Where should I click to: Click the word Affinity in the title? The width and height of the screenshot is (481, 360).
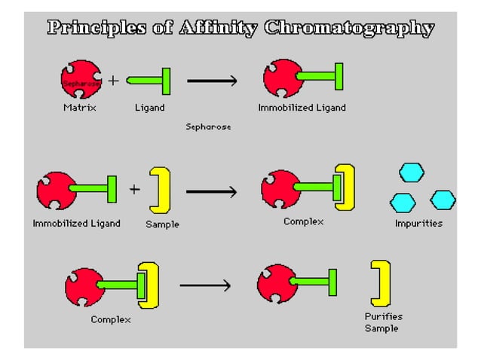[219, 29]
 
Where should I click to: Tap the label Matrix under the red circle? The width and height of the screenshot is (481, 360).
[79, 108]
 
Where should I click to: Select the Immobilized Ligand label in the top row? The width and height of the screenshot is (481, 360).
[302, 108]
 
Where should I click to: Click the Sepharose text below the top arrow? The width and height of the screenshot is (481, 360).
[208, 127]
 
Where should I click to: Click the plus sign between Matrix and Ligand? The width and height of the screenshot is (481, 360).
[112, 81]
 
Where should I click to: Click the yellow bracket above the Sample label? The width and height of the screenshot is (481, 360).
[161, 190]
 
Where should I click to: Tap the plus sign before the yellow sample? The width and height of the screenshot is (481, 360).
[134, 189]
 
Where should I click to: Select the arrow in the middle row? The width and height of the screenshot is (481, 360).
[211, 192]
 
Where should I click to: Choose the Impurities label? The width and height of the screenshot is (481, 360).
[418, 224]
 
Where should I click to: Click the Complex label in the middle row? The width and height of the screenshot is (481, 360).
[303, 221]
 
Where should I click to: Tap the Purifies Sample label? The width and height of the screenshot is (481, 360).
[383, 322]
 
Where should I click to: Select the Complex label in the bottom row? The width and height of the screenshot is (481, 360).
[111, 319]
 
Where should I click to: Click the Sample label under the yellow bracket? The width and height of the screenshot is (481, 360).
[162, 224]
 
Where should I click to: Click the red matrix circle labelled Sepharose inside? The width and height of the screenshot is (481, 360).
[80, 80]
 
